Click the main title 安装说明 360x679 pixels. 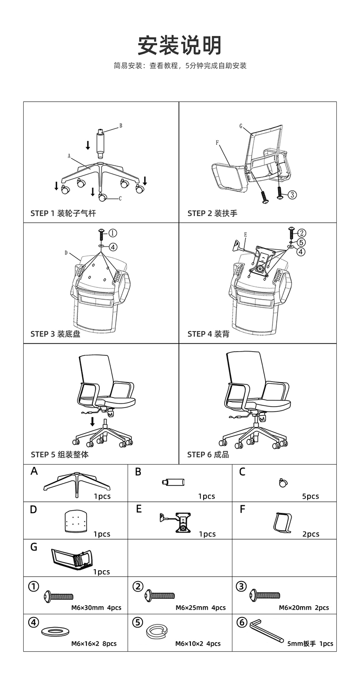180,46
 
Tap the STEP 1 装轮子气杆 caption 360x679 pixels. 63,213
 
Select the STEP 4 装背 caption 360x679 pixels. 208,334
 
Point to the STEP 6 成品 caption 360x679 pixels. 208,454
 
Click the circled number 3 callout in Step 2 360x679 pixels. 292,195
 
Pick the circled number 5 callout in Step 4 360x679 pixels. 301,242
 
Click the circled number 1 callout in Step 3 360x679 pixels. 112,233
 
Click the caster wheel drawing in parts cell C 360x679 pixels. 283,482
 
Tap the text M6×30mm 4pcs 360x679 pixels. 96,608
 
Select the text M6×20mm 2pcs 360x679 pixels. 304,608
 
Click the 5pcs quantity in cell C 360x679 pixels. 310,496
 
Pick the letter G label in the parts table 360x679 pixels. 34,547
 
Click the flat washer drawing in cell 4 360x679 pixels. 55,632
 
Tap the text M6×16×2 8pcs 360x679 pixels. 93,643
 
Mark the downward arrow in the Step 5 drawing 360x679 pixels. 93,421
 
